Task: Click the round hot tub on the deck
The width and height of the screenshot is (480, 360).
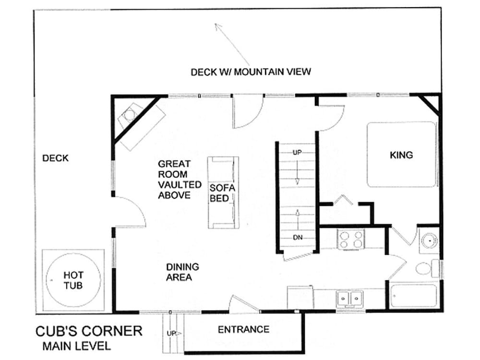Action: [73, 280]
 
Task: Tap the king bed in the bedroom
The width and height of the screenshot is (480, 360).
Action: [401, 155]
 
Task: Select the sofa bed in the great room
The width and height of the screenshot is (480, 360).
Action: [223, 192]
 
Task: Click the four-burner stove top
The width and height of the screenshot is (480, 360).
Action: [351, 239]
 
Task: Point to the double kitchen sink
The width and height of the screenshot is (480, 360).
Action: [349, 299]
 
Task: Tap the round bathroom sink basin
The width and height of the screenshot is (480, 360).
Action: [429, 240]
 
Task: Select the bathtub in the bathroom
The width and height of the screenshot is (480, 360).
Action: [414, 296]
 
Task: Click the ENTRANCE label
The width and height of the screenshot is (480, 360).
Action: [243, 329]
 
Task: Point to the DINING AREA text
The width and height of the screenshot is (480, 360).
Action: [182, 272]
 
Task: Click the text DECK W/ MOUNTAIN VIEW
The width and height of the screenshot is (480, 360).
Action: [251, 72]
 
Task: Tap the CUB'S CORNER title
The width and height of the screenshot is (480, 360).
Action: [89, 331]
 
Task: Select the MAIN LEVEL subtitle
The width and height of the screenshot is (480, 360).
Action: [76, 346]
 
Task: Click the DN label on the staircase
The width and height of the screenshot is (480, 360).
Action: [298, 237]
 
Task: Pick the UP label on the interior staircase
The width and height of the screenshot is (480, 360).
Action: [297, 152]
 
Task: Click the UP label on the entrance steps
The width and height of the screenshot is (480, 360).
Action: [171, 333]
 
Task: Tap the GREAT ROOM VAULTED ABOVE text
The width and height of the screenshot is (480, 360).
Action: [180, 180]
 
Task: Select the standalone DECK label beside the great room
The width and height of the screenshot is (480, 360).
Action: [55, 158]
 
